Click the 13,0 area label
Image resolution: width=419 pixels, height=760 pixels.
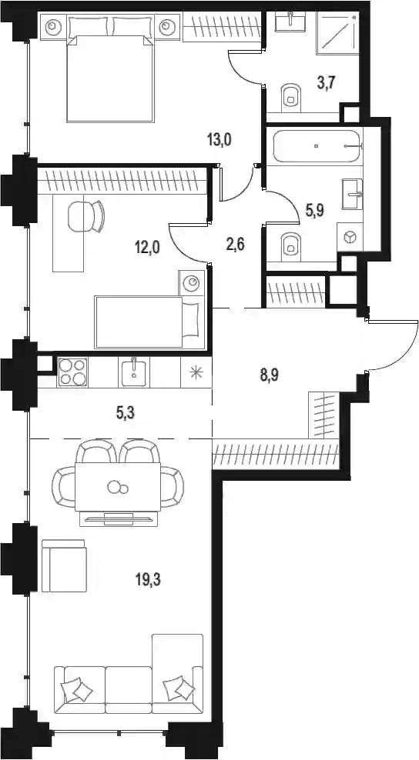tap(220, 141)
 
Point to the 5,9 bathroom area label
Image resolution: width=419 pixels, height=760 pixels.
tap(314, 209)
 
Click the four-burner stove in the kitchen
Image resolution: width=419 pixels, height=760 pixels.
tap(72, 372)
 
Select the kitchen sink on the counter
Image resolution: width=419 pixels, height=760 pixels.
tap(133, 372)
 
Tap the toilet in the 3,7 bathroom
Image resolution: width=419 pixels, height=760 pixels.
tap(290, 96)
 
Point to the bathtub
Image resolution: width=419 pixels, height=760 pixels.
tap(317, 146)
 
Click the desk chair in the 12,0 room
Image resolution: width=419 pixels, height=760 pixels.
tap(86, 216)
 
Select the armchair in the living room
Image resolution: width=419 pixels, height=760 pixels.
tap(64, 565)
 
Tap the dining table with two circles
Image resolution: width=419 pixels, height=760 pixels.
tap(118, 487)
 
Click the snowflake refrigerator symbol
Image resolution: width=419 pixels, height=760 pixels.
tap(196, 372)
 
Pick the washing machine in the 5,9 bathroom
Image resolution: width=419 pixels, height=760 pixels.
tap(350, 236)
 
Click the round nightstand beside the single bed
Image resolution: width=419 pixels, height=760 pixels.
tap(193, 282)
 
